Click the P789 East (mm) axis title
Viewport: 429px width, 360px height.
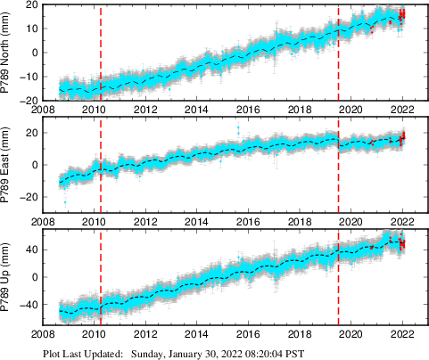pyautogui.click(x=7, y=164)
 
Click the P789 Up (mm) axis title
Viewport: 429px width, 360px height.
pyautogui.click(x=7, y=277)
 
